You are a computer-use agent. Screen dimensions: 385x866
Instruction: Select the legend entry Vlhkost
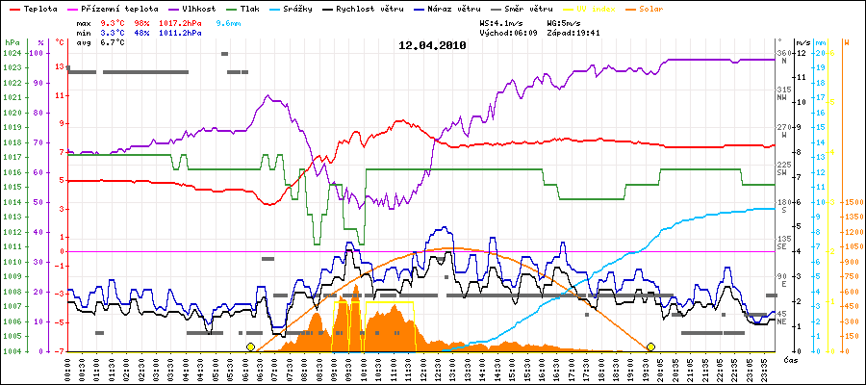pyautogui.click(x=198, y=8)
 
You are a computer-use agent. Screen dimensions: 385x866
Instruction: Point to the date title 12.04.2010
pyautogui.click(x=432, y=44)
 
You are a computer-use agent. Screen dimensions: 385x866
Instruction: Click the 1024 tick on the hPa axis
pyautogui.click(x=12, y=53)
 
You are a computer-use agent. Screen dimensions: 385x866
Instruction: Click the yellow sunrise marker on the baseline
pyautogui.click(x=250, y=346)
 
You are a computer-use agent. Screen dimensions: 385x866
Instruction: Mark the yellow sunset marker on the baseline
pyautogui.click(x=650, y=346)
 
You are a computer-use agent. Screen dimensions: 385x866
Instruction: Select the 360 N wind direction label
pyautogui.click(x=782, y=56)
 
